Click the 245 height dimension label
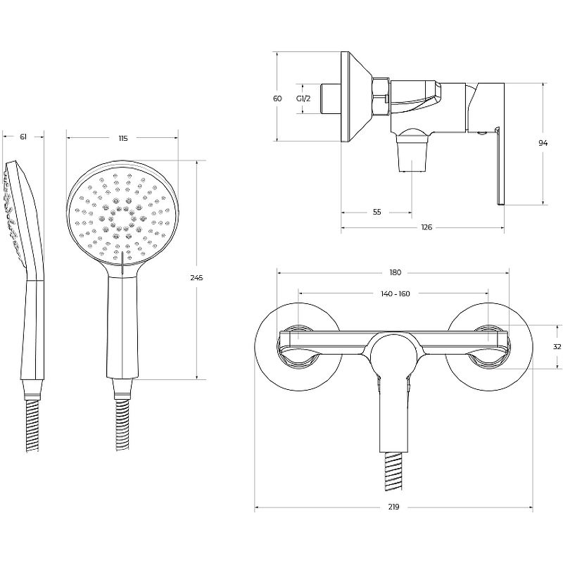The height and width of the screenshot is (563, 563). click(x=196, y=277)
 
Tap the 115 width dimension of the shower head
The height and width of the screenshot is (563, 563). click(x=122, y=138)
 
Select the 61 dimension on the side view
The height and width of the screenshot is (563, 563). click(x=23, y=137)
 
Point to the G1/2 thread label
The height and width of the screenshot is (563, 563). click(x=303, y=99)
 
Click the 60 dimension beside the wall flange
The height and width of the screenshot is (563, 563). click(x=277, y=99)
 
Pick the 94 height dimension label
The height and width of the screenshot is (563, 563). click(x=543, y=144)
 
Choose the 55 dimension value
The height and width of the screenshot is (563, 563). click(x=377, y=213)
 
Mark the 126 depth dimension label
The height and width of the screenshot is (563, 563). click(x=426, y=227)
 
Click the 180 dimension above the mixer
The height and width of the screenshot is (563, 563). click(x=395, y=273)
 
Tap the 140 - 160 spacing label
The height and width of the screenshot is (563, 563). click(x=396, y=294)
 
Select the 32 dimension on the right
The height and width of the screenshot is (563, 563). click(x=557, y=347)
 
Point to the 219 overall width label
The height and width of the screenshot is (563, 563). click(x=393, y=507)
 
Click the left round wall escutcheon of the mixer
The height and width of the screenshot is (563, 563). click(x=298, y=347)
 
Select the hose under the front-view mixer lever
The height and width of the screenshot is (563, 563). click(x=394, y=471)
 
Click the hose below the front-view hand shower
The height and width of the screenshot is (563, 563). click(x=122, y=425)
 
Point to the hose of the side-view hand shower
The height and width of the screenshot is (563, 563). click(x=32, y=425)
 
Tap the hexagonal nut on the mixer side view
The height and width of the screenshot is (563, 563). click(x=381, y=96)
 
